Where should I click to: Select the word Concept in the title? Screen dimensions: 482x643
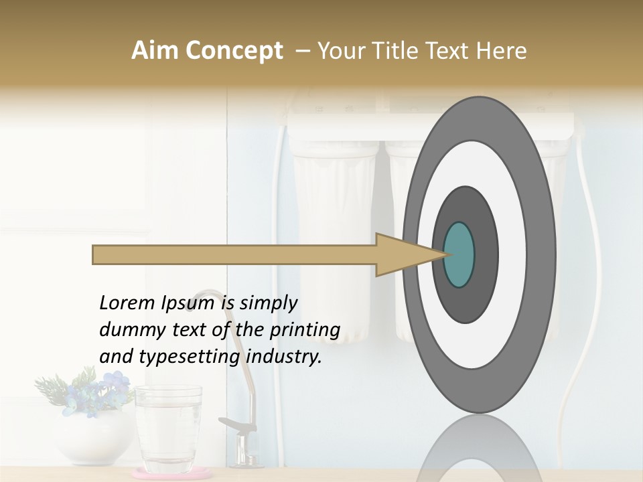click(234, 51)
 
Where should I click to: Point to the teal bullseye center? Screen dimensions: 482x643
click(459, 254)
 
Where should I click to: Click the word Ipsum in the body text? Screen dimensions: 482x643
click(188, 303)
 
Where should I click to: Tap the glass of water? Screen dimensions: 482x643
click(168, 428)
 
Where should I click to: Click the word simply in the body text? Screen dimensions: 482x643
click(268, 303)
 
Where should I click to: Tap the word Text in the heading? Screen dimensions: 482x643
click(452, 51)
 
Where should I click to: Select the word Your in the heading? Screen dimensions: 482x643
click(338, 51)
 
